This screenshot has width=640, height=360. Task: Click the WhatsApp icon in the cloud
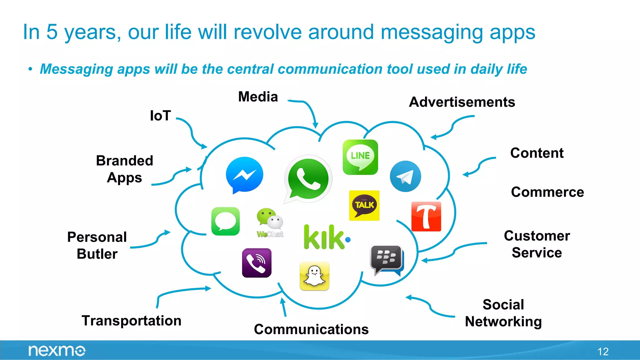click(308, 179)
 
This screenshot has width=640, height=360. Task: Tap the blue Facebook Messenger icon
click(244, 175)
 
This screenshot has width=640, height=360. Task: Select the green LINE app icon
click(360, 157)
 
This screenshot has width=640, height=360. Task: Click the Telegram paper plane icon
click(405, 176)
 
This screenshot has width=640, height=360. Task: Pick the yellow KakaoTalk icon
click(364, 205)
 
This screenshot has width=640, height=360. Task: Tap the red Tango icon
click(426, 217)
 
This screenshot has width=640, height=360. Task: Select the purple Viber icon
click(257, 263)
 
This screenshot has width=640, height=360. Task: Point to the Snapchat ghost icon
click(314, 276)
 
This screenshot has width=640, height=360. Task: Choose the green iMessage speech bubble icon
click(225, 221)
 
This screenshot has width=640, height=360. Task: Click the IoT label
click(160, 116)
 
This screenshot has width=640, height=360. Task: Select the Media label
click(258, 97)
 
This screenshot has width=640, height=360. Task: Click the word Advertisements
click(462, 102)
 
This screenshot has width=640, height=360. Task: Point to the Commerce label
click(547, 192)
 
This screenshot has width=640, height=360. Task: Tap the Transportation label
click(132, 321)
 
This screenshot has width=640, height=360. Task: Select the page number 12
click(603, 352)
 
